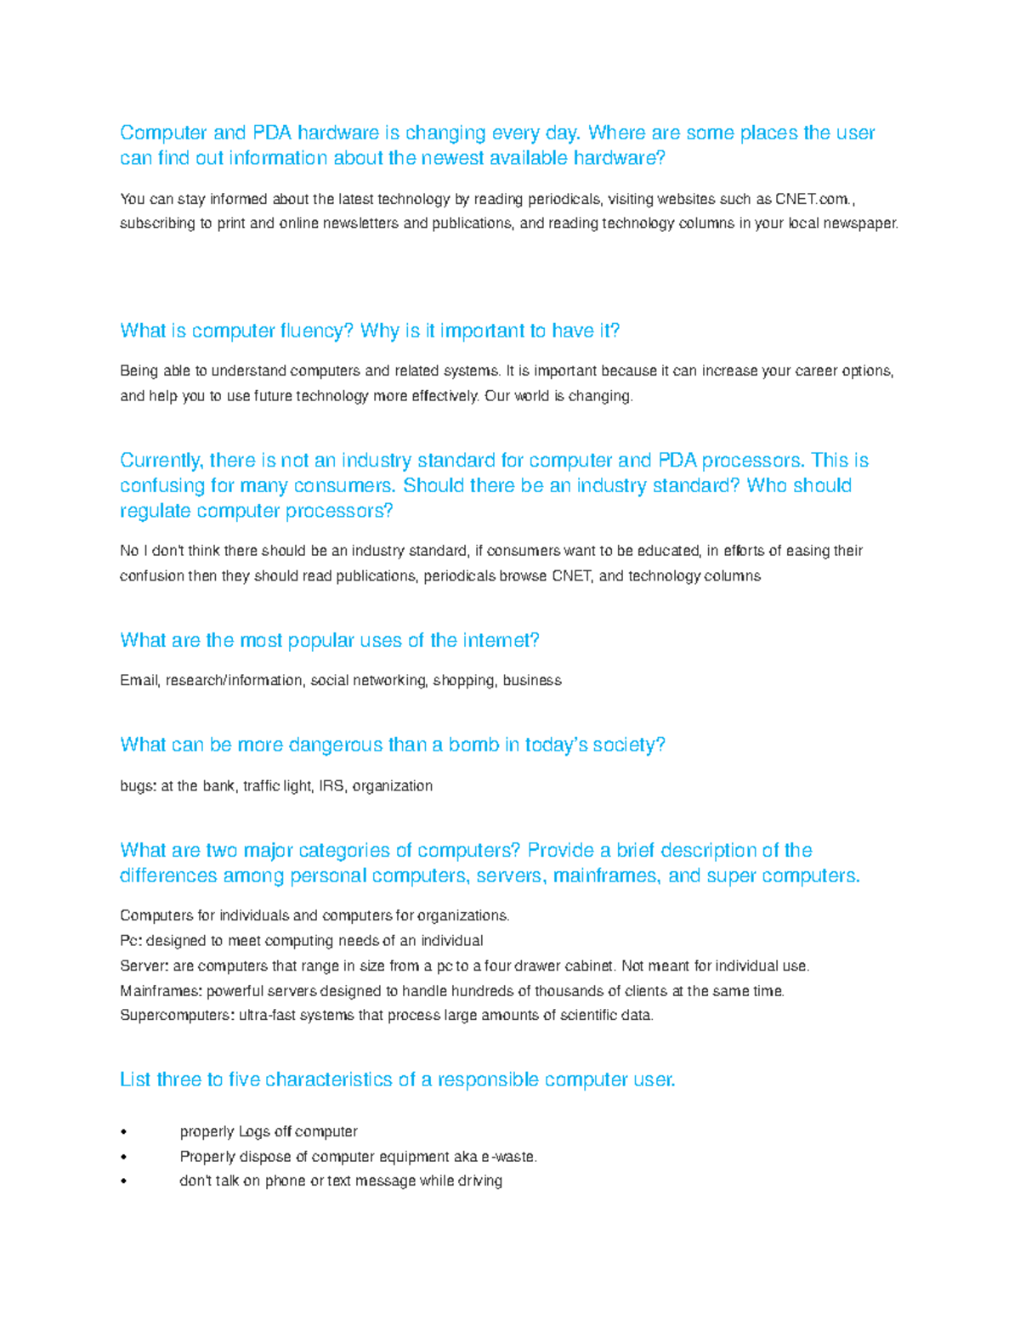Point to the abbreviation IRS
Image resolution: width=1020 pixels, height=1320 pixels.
click(x=331, y=786)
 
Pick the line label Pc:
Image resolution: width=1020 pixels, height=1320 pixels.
click(x=131, y=941)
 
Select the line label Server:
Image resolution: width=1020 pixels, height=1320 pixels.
click(x=144, y=966)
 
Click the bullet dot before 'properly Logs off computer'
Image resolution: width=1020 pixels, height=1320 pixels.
click(x=124, y=1132)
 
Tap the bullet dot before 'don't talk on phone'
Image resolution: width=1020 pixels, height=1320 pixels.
click(x=124, y=1181)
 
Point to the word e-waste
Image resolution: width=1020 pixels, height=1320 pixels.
click(x=508, y=1157)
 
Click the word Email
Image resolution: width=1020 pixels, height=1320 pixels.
click(x=139, y=681)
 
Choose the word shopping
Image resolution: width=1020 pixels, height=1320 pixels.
click(x=463, y=681)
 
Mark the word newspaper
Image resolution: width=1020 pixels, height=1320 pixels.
click(x=859, y=224)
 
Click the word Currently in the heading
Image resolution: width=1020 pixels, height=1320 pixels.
click(x=161, y=461)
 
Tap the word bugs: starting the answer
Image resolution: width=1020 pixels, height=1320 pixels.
click(x=138, y=786)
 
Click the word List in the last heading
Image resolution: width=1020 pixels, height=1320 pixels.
click(x=135, y=1080)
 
